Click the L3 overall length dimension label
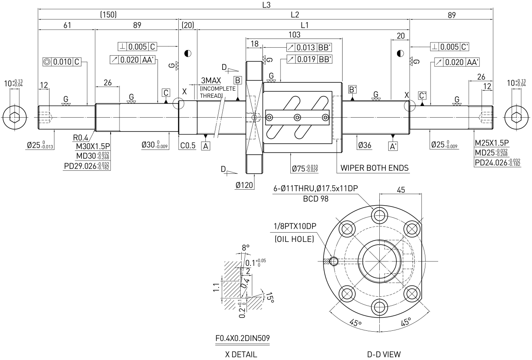[x=266, y=5]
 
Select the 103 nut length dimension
[x=294, y=35]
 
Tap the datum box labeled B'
[x=352, y=90]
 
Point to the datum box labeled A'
[x=393, y=146]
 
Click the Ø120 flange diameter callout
[x=244, y=185]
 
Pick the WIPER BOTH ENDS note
[x=374, y=168]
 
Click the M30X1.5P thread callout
[x=93, y=146]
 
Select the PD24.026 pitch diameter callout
[x=497, y=163]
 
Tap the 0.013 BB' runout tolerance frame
[x=309, y=47]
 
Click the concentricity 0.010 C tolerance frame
[x=62, y=62]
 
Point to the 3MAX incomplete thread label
[x=211, y=80]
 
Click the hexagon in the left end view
[x=15, y=117]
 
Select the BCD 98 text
[x=316, y=199]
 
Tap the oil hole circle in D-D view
[x=334, y=261]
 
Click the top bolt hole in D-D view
[x=379, y=216]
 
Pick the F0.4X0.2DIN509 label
[x=243, y=338]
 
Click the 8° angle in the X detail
[x=246, y=248]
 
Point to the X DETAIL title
[x=241, y=354]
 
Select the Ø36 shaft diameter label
[x=365, y=145]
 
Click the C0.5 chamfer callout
[x=188, y=146]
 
